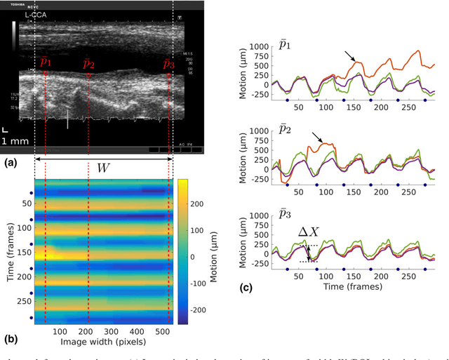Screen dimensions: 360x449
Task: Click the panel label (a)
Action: (x=10, y=162)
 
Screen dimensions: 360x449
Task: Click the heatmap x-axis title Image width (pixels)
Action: (x=102, y=342)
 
